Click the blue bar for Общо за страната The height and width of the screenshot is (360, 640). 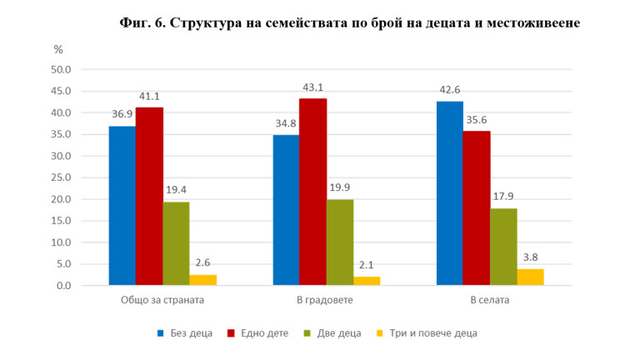(122, 206)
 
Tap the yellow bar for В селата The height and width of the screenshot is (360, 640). (531, 277)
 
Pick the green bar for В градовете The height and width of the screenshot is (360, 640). (340, 242)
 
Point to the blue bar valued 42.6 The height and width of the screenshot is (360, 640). (449, 193)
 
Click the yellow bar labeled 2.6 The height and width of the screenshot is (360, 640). (203, 280)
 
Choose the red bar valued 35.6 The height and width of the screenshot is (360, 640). (477, 208)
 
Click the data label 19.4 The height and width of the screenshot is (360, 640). (176, 191)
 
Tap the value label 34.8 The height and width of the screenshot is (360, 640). (286, 124)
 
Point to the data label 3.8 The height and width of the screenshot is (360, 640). (531, 258)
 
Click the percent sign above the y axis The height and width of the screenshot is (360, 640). (58, 49)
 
